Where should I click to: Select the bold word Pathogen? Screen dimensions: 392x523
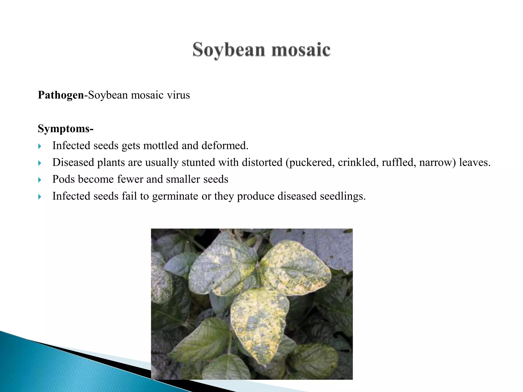[x=61, y=95]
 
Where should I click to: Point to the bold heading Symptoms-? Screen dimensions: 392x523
[x=66, y=129]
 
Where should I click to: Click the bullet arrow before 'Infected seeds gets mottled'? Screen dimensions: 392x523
[x=40, y=146]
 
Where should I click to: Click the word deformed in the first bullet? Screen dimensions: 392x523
[x=224, y=146]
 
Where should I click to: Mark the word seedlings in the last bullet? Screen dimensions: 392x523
[x=342, y=196]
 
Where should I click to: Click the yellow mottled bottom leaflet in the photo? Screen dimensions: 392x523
[x=259, y=324]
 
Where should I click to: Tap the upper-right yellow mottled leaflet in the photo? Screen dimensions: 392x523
[x=296, y=268]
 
